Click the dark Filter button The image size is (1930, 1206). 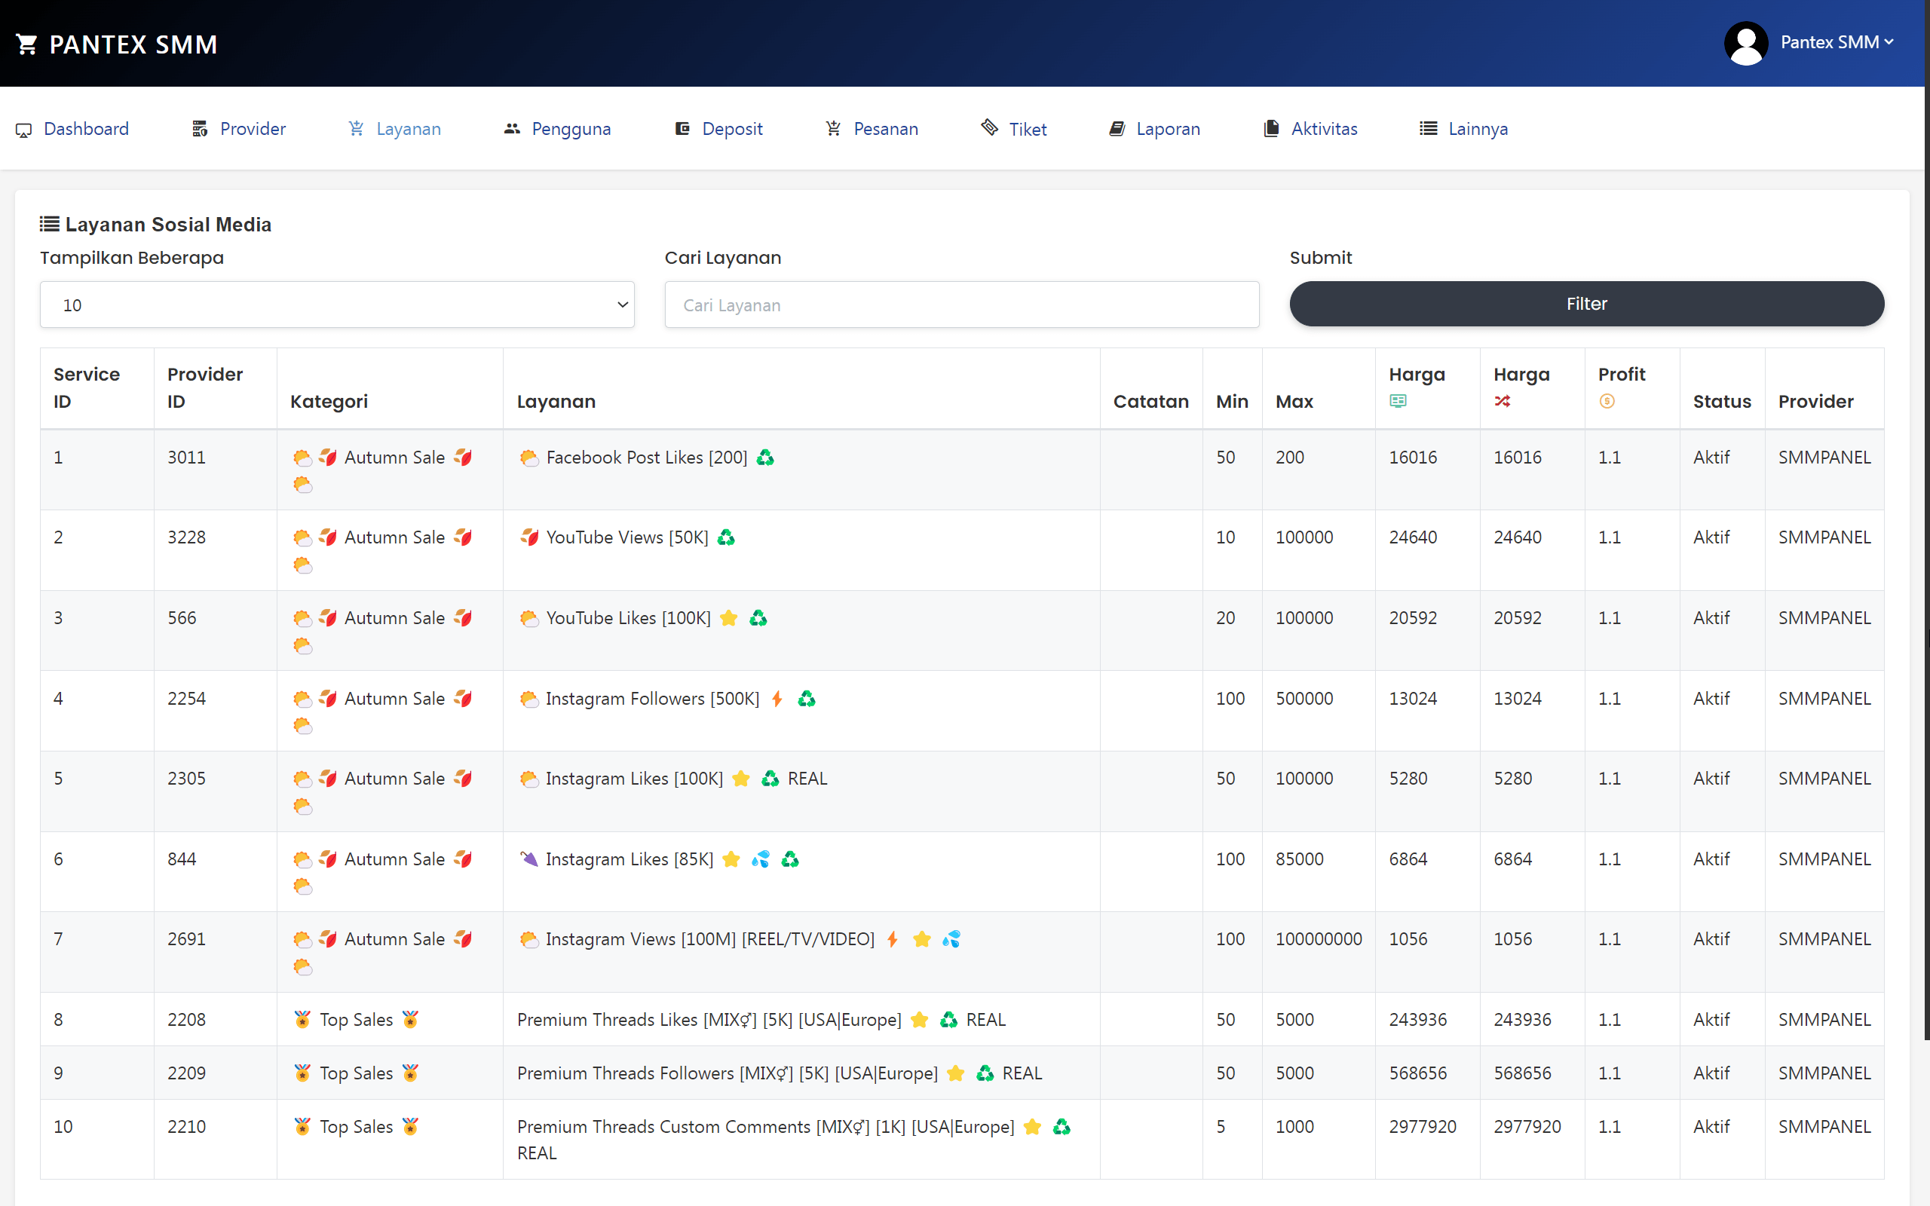[x=1586, y=304]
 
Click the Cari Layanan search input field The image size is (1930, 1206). [x=961, y=305]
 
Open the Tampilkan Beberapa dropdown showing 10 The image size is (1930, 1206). [x=336, y=305]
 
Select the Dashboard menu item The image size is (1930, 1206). [x=85, y=128]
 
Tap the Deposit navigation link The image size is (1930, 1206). [x=731, y=128]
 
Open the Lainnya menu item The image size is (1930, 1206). [x=1477, y=128]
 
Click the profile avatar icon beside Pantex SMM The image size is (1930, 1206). [x=1745, y=43]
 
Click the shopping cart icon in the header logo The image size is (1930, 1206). [x=26, y=44]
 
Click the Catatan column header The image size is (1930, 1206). [x=1150, y=401]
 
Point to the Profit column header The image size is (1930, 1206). [x=1622, y=375]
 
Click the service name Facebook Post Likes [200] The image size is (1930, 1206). [x=646, y=458]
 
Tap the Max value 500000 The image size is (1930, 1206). [x=1304, y=699]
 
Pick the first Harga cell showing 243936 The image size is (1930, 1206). [x=1417, y=1019]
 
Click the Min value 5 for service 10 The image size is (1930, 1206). [x=1221, y=1126]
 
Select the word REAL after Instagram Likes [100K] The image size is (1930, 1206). [x=807, y=779]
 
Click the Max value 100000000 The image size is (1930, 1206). [x=1319, y=939]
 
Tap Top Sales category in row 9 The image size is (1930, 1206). [x=356, y=1073]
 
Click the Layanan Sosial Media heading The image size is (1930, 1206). [x=167, y=224]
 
